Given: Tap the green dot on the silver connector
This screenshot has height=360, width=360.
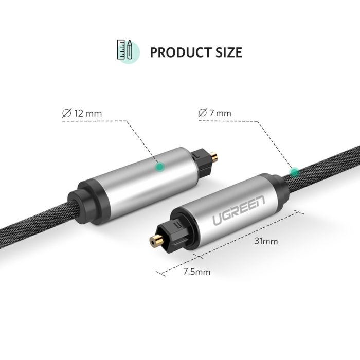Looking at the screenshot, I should click(160, 166).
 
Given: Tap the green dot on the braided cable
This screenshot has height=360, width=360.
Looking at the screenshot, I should click(294, 171).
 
